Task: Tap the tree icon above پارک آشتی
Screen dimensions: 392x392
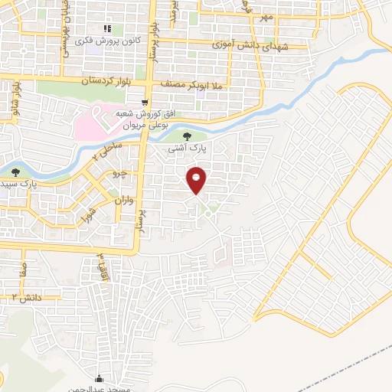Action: click(188, 136)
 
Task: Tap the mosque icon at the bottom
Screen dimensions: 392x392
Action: click(98, 377)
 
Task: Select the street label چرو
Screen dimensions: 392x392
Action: click(122, 175)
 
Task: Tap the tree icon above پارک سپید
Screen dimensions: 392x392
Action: click(16, 172)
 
